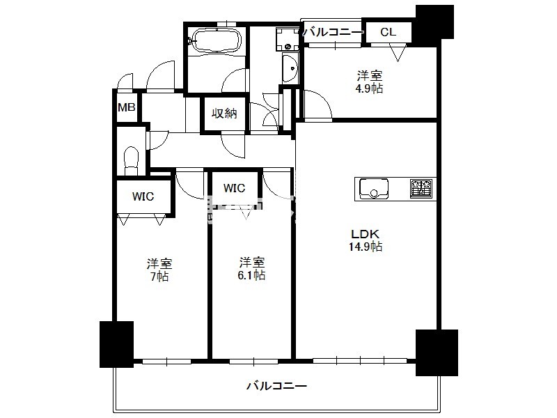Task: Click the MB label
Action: (x=126, y=107)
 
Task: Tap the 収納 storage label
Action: (x=225, y=113)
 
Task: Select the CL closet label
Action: (x=388, y=31)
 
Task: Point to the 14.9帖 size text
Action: (x=366, y=247)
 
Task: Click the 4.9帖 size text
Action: (x=370, y=88)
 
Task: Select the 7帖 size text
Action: (x=159, y=277)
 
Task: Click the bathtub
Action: (x=214, y=40)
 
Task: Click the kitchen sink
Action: (x=375, y=188)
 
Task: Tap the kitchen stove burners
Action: (x=421, y=187)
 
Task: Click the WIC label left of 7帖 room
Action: (x=143, y=196)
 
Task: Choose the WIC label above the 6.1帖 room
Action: (x=234, y=188)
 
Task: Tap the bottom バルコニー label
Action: (x=276, y=385)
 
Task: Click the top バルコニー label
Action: (x=334, y=31)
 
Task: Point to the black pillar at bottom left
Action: (x=116, y=343)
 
